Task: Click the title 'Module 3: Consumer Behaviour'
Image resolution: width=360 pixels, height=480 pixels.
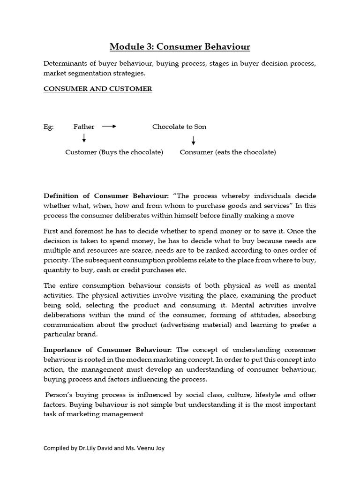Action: coord(180,46)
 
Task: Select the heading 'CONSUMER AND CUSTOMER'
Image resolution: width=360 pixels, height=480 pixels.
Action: coord(97,89)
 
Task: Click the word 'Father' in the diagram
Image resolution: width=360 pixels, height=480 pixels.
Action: coord(84,127)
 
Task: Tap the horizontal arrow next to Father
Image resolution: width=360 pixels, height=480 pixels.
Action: coord(109,127)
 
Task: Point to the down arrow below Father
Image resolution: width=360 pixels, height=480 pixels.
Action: coord(84,138)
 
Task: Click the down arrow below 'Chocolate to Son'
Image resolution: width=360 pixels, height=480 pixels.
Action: coord(193,140)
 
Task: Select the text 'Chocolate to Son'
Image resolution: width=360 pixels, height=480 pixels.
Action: coord(179,127)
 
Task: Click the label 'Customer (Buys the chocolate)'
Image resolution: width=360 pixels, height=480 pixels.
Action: coord(114,152)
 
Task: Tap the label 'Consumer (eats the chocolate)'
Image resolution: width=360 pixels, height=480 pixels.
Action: coord(228,152)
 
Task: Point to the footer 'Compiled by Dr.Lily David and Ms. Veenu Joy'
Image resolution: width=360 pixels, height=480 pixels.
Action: coord(104,448)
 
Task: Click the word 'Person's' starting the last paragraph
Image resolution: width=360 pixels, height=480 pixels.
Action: coord(59,395)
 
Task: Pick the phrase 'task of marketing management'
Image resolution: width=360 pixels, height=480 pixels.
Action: coord(93,414)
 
